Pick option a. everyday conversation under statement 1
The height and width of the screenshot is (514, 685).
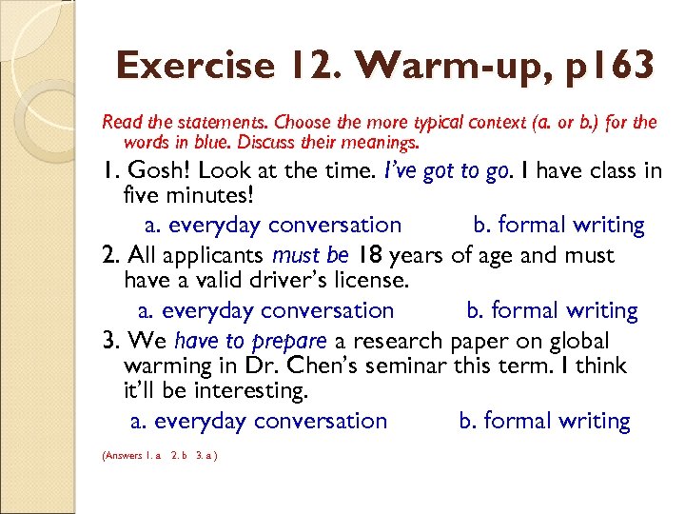click(x=272, y=225)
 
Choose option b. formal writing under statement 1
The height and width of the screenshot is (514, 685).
click(x=558, y=225)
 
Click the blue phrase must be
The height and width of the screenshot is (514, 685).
click(x=311, y=255)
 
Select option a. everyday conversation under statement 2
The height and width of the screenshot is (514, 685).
click(x=265, y=310)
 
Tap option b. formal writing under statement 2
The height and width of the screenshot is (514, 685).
click(x=552, y=310)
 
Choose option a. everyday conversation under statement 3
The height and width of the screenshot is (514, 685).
click(x=258, y=421)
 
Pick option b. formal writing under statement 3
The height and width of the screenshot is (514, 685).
click(x=544, y=421)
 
